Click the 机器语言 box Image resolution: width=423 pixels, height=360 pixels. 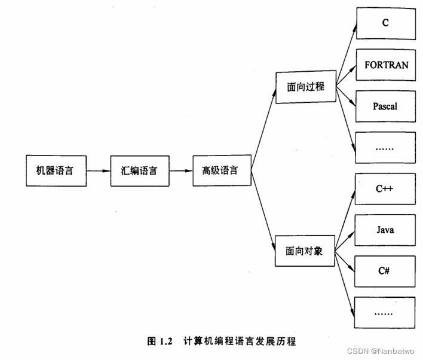point(54,171)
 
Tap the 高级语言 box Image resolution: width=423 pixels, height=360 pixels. point(220,170)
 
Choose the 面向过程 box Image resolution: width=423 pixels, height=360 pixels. point(305,87)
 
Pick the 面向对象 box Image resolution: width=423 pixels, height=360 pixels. point(304,252)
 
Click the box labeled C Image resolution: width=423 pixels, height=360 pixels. point(385,23)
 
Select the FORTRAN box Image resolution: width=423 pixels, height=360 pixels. point(385,65)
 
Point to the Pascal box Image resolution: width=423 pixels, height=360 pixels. point(385,106)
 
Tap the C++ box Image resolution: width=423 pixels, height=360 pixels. point(385,189)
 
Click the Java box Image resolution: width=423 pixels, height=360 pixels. point(385,230)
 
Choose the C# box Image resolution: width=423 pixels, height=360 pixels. point(385,271)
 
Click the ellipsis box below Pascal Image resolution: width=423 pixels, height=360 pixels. point(385,147)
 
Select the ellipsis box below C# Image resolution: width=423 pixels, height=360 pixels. point(385,312)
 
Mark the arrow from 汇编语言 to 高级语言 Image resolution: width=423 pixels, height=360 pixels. point(180,171)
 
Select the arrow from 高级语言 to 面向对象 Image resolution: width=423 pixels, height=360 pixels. point(262,212)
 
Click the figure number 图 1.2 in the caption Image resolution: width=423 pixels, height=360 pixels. point(160,342)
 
